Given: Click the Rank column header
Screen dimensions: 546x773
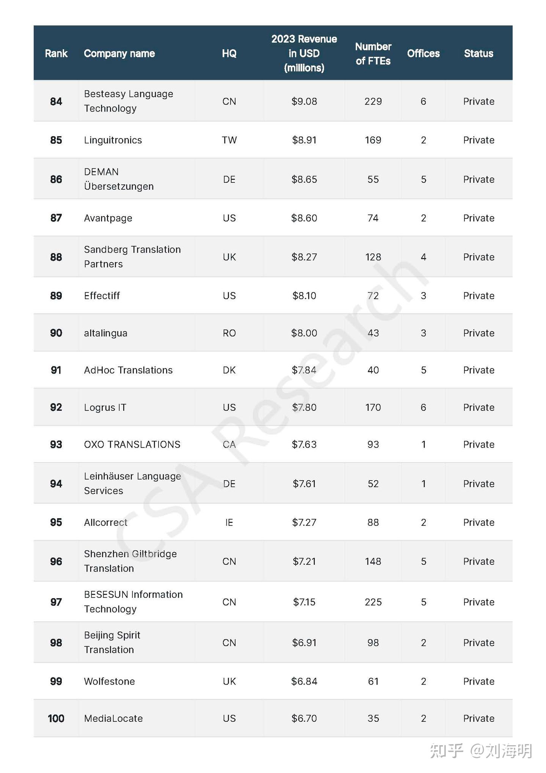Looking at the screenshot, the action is click(56, 53).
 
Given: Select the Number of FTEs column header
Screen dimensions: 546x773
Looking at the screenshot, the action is click(373, 53).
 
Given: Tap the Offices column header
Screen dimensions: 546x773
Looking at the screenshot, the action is click(423, 53).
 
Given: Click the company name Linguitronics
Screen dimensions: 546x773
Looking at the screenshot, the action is click(113, 140).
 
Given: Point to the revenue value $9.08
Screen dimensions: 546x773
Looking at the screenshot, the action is click(304, 102).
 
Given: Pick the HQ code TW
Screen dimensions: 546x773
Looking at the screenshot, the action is click(229, 140).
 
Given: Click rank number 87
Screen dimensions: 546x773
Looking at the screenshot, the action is click(56, 218).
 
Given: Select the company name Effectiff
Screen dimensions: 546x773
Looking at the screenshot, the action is click(102, 296).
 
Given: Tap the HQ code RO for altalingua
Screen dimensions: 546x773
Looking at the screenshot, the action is click(229, 333).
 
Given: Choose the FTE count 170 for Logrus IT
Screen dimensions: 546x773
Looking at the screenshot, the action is click(373, 407).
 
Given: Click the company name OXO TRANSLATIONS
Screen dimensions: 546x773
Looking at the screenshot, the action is click(132, 445).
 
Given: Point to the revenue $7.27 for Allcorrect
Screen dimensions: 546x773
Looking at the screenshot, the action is click(304, 523).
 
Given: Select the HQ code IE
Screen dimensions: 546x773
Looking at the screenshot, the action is click(229, 523).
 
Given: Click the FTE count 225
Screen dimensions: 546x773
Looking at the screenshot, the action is click(373, 602).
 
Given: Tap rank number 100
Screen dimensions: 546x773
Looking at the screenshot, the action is click(56, 718).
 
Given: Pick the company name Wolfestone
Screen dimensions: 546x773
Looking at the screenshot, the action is click(110, 682).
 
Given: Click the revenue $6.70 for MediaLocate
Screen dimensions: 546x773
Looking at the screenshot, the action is click(304, 718).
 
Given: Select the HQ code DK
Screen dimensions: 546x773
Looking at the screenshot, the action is click(229, 370).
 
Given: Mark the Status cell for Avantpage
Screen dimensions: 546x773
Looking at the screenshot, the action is click(479, 218).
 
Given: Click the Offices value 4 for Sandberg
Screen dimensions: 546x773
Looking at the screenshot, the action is click(423, 257).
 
